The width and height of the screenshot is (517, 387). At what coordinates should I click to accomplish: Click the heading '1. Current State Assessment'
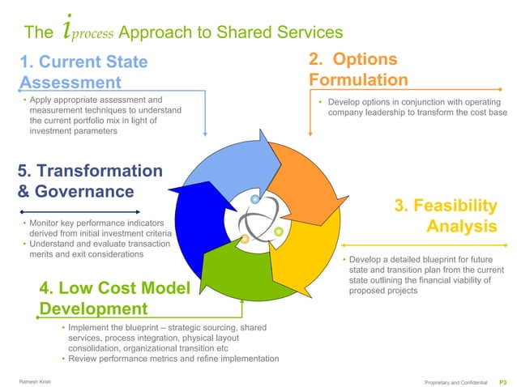coord(84,71)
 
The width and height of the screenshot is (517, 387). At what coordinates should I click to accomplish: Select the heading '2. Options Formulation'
coord(357,70)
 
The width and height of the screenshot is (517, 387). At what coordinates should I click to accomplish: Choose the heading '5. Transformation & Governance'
coord(90,181)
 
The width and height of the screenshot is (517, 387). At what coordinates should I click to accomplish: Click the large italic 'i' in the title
coord(68,31)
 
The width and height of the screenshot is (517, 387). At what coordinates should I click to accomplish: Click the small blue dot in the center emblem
coord(255,199)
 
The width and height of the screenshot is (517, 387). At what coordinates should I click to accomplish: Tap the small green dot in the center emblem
coord(279,232)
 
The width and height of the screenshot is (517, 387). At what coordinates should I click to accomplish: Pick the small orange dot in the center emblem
coord(245,238)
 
